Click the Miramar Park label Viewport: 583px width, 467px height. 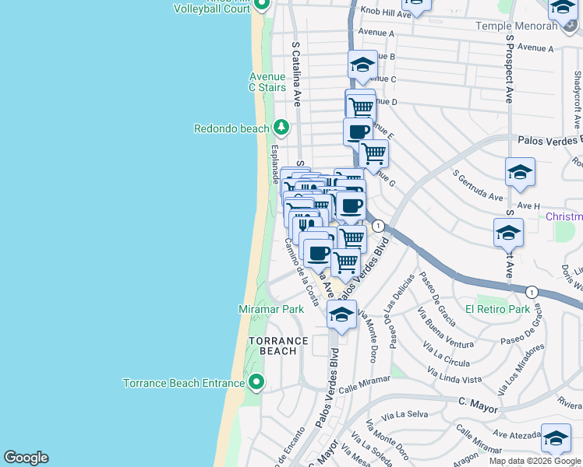tap(270, 309)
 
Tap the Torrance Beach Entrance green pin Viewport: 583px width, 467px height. tap(256, 382)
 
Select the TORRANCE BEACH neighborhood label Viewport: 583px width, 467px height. tap(278, 346)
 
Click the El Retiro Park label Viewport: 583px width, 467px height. tap(497, 309)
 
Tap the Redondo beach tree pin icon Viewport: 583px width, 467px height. tap(281, 127)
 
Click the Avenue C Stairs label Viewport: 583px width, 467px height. tap(267, 82)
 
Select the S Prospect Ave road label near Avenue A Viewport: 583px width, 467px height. tap(510, 68)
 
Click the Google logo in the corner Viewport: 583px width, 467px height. tap(26, 458)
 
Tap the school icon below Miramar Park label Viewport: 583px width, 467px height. tap(341, 314)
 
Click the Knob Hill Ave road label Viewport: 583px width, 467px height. tap(384, 14)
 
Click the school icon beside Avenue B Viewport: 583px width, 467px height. tap(362, 65)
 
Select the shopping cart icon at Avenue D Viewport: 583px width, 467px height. tap(360, 105)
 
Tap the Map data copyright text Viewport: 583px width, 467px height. tap(535, 461)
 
